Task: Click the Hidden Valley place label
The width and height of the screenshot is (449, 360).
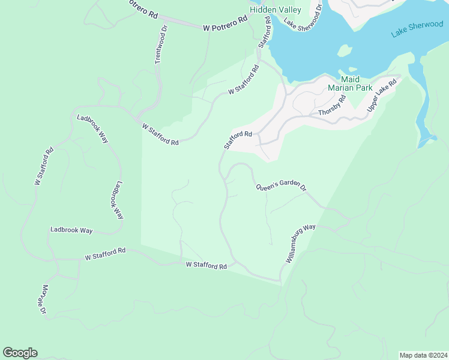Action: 275,10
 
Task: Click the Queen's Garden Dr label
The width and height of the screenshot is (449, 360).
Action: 281,187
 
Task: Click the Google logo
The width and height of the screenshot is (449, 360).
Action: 20,353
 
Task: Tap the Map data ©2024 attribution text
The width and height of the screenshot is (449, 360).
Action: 423,355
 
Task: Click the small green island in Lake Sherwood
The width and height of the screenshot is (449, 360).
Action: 344,51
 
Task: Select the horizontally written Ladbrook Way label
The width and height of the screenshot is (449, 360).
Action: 71,230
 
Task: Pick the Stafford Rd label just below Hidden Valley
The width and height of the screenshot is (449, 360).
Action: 265,37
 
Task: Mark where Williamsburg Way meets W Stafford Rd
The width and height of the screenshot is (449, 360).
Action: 280,280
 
